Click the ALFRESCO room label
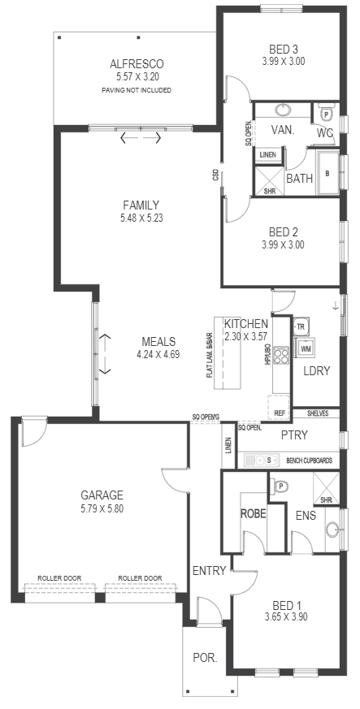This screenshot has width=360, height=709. (x=137, y=64)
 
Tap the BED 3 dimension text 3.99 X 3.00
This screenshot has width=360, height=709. (x=283, y=62)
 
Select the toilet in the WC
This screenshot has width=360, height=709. (x=326, y=113)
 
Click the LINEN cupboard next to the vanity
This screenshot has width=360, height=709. (x=267, y=155)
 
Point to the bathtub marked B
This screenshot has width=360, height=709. (x=327, y=173)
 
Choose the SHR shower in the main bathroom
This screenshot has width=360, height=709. (x=270, y=181)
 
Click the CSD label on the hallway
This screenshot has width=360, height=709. (x=215, y=175)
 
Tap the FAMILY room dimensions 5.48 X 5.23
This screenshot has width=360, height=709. (x=141, y=218)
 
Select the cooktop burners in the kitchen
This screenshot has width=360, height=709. (x=281, y=354)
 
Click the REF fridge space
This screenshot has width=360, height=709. (x=279, y=407)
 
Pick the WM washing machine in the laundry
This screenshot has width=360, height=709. (x=306, y=348)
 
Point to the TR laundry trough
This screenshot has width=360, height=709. (x=301, y=325)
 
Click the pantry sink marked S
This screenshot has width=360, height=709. (x=261, y=460)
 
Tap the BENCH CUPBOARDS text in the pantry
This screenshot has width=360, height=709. (x=310, y=460)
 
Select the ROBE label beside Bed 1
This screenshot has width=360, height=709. (x=254, y=514)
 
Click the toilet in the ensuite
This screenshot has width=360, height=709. (x=278, y=487)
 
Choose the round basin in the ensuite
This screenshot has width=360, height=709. (x=333, y=529)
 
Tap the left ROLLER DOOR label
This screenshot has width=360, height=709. (x=59, y=578)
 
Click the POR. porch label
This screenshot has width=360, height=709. (x=205, y=658)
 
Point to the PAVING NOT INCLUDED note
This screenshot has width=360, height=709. (x=137, y=90)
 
